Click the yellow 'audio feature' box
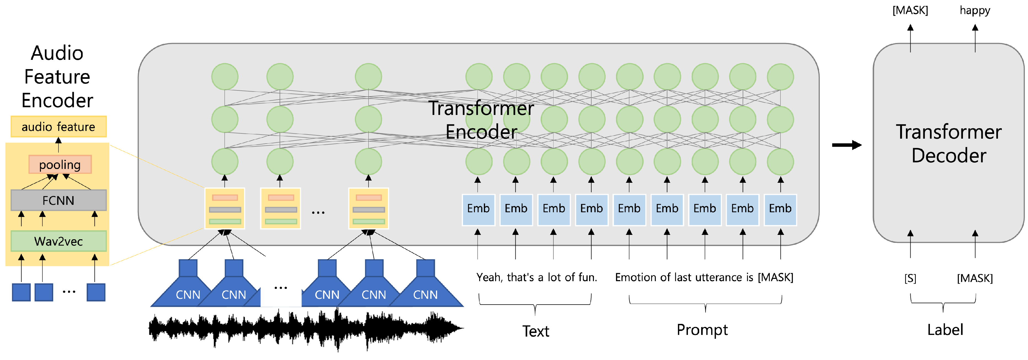click(58, 127)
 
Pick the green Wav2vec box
click(58, 241)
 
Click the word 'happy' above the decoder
click(975, 10)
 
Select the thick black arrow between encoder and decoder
click(846, 145)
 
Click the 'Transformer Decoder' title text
click(949, 143)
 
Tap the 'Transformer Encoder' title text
click(481, 120)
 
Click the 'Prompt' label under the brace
click(702, 330)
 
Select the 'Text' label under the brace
click(535, 331)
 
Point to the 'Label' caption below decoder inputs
click(945, 330)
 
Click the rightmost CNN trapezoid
click(426, 291)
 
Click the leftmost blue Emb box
click(478, 209)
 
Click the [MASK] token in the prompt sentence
click(775, 277)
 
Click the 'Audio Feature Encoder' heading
click(57, 77)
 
